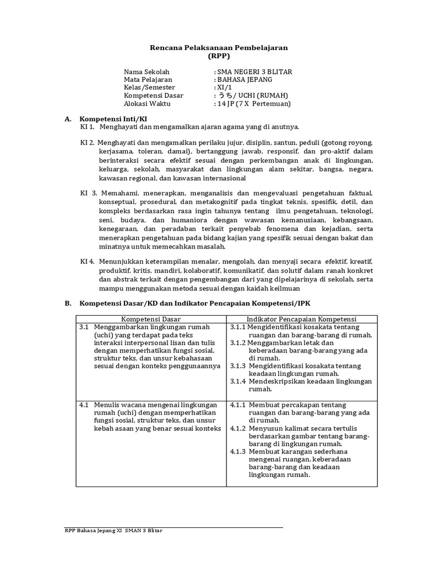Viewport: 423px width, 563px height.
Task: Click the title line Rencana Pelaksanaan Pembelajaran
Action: (x=219, y=48)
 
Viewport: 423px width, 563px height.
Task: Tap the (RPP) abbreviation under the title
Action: (x=219, y=56)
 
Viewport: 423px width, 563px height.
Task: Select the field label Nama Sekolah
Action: (x=147, y=72)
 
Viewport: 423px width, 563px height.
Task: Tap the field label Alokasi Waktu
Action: (x=148, y=103)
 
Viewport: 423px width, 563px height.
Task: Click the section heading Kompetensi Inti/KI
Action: (x=113, y=119)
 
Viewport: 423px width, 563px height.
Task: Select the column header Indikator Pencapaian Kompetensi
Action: (x=301, y=319)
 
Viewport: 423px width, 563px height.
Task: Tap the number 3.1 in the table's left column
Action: (x=84, y=327)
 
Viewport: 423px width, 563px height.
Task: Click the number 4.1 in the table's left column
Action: (x=84, y=405)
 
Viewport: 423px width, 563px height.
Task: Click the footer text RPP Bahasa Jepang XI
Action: (x=91, y=531)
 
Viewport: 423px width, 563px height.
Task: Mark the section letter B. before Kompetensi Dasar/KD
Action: (x=68, y=303)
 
